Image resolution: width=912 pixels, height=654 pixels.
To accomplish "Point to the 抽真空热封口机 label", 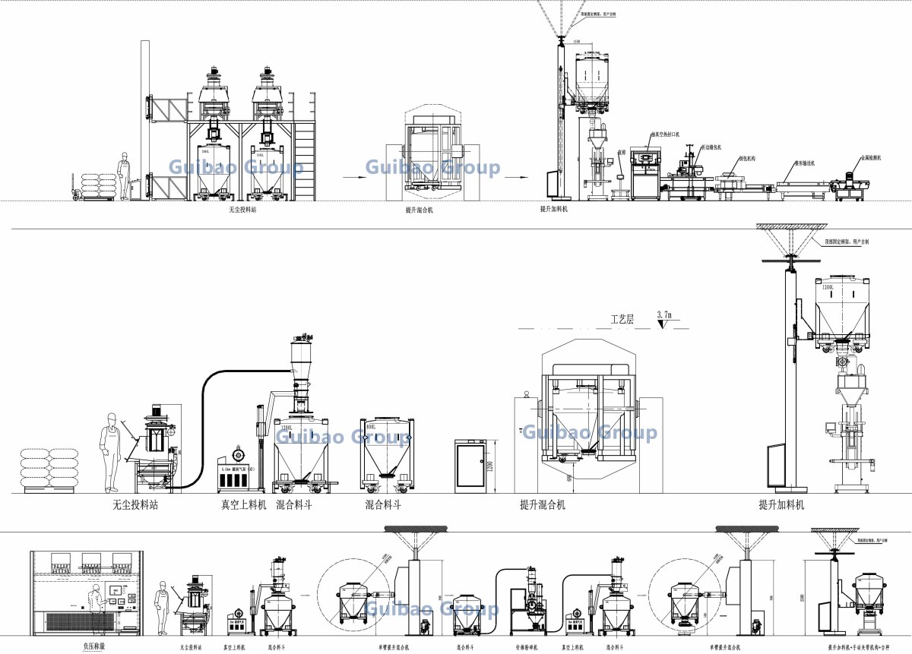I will tap(664, 134).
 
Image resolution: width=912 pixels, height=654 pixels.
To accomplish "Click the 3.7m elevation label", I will tap(667, 314).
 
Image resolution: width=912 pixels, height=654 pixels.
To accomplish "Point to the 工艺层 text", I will tap(623, 319).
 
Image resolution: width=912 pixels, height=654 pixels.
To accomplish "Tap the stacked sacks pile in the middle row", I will tap(49, 469).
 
